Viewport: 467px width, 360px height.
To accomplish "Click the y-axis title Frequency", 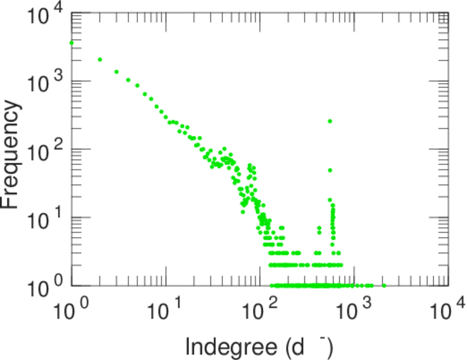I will [x=11, y=154].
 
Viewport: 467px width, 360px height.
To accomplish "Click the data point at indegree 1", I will [x=72, y=43].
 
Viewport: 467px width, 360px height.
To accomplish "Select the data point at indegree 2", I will [x=100, y=59].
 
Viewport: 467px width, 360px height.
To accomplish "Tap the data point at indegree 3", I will [x=116, y=72].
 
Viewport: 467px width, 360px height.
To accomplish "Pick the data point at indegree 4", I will [x=128, y=80].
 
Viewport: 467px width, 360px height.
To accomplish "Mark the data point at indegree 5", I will [x=137, y=85].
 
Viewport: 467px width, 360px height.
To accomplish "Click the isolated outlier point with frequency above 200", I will [x=330, y=121].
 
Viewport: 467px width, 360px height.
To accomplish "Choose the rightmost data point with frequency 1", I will [x=384, y=286].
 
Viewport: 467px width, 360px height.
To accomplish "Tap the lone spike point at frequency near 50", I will [x=330, y=170].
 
